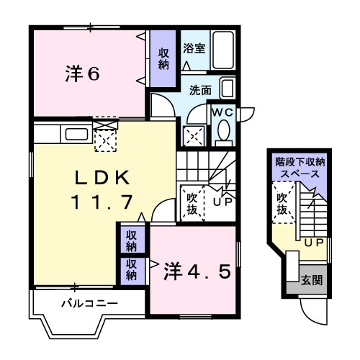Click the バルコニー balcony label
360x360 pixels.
point(89,304)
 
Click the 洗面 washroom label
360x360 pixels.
point(200,91)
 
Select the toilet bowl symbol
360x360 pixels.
point(222,132)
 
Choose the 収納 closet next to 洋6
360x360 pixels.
point(163,59)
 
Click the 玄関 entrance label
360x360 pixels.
point(311,280)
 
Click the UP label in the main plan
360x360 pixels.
point(222,202)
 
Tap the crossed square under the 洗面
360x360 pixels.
point(192,135)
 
